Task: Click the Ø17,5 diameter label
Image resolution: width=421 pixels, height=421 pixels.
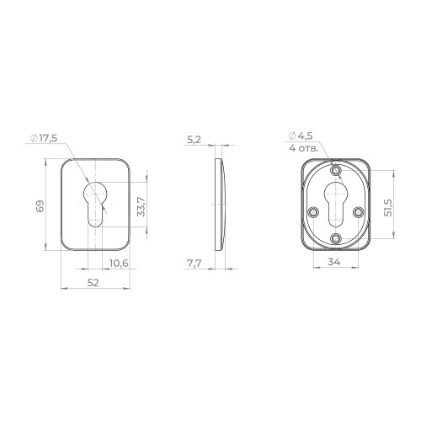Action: (44, 138)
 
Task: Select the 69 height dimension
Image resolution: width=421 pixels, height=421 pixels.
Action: (40, 206)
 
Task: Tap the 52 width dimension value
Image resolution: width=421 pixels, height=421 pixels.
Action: (93, 283)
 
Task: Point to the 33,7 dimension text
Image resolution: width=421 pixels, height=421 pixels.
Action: (141, 206)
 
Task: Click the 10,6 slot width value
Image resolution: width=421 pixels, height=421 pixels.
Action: (119, 264)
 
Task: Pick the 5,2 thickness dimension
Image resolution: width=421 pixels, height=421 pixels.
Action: (194, 140)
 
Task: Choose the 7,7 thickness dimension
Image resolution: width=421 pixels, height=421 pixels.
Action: (195, 264)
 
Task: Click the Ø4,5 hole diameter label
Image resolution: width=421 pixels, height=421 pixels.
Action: (301, 136)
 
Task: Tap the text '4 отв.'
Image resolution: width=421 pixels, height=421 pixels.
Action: (304, 148)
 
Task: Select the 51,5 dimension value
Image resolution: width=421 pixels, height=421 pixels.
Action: (389, 208)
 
